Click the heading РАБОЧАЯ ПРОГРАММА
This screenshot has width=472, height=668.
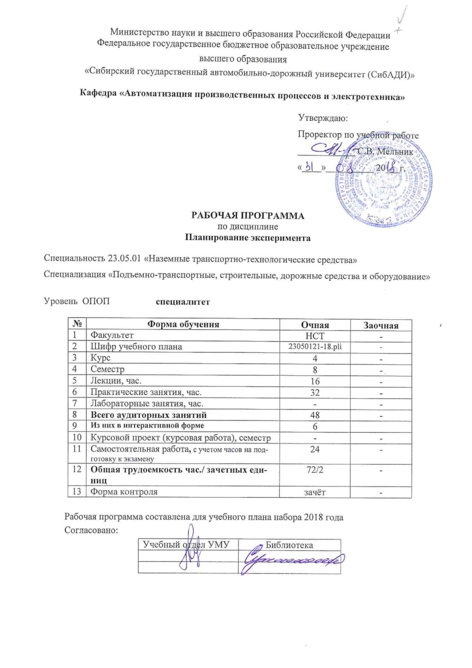pyautogui.click(x=248, y=216)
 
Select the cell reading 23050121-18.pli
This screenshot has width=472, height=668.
pyautogui.click(x=315, y=347)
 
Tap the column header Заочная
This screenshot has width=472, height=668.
pyautogui.click(x=381, y=325)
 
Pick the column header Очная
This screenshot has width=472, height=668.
pyautogui.click(x=315, y=325)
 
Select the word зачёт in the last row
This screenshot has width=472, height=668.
pyautogui.click(x=315, y=492)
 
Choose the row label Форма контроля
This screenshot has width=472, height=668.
pyautogui.click(x=124, y=492)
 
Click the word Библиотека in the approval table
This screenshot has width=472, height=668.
pyautogui.click(x=289, y=545)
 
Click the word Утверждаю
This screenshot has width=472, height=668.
pyautogui.click(x=323, y=118)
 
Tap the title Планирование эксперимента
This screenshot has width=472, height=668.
pyautogui.click(x=248, y=238)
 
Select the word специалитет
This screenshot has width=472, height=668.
pyautogui.click(x=183, y=302)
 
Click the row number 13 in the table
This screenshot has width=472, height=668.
pyautogui.click(x=77, y=492)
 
